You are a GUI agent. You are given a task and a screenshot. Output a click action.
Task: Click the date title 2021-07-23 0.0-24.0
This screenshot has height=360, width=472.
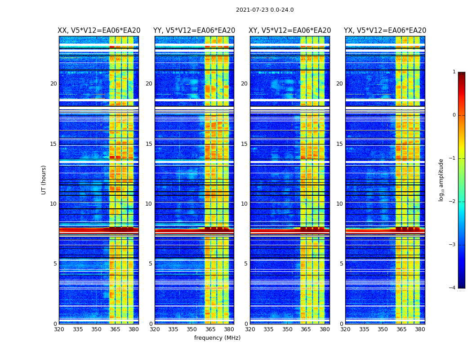click(265, 10)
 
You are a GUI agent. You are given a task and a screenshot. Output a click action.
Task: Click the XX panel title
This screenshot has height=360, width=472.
click(99, 31)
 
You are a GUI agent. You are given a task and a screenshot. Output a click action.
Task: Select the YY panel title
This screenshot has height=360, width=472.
click(194, 31)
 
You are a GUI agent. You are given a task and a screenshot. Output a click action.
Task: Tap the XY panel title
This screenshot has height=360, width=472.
click(290, 31)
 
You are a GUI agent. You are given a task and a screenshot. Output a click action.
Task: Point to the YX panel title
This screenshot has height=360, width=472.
click(385, 31)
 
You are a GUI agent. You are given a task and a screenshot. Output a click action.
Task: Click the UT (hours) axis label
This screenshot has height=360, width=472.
click(44, 180)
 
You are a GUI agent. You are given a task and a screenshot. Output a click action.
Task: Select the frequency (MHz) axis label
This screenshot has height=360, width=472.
click(217, 338)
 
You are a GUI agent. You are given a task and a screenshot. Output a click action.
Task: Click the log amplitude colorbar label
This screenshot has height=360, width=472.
click(441, 180)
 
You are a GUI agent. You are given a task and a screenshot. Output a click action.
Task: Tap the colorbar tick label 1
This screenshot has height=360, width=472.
click(454, 72)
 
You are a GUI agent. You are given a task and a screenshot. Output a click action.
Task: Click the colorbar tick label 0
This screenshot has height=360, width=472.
click(454, 115)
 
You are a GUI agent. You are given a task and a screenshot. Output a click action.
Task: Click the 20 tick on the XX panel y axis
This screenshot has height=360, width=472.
click(53, 84)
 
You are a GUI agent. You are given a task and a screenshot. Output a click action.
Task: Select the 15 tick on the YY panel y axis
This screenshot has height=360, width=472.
click(149, 144)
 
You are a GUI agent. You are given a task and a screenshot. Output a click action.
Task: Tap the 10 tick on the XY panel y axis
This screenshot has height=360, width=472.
click(244, 204)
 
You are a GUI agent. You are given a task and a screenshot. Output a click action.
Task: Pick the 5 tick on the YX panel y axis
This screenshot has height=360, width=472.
click(341, 264)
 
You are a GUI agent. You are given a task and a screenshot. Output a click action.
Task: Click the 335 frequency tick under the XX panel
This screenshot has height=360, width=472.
click(78, 329)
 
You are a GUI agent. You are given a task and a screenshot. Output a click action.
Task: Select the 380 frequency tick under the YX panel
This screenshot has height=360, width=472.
click(420, 329)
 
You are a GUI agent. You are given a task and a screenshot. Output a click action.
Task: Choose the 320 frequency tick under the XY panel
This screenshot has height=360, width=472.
click(250, 329)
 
